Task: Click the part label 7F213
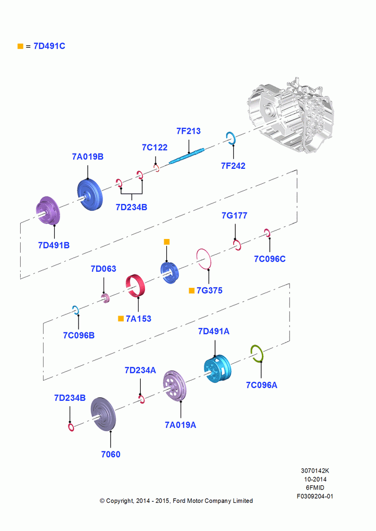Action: [x=189, y=131]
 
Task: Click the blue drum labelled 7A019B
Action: [x=89, y=195]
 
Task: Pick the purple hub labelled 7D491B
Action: [x=48, y=210]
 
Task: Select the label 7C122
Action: [x=155, y=147]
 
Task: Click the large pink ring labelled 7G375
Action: [x=204, y=259]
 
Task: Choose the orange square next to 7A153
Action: [x=121, y=319]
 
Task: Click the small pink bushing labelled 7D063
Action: [x=105, y=298]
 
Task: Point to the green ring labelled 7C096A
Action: [x=257, y=353]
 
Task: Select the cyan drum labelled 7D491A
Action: [x=217, y=369]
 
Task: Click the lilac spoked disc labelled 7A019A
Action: [x=175, y=386]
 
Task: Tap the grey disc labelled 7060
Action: [x=104, y=414]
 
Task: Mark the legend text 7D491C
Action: [x=49, y=46]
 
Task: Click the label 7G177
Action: [x=234, y=216]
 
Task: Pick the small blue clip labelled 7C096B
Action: [x=75, y=310]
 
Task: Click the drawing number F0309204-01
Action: [x=315, y=496]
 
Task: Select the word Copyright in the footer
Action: [x=120, y=501]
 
